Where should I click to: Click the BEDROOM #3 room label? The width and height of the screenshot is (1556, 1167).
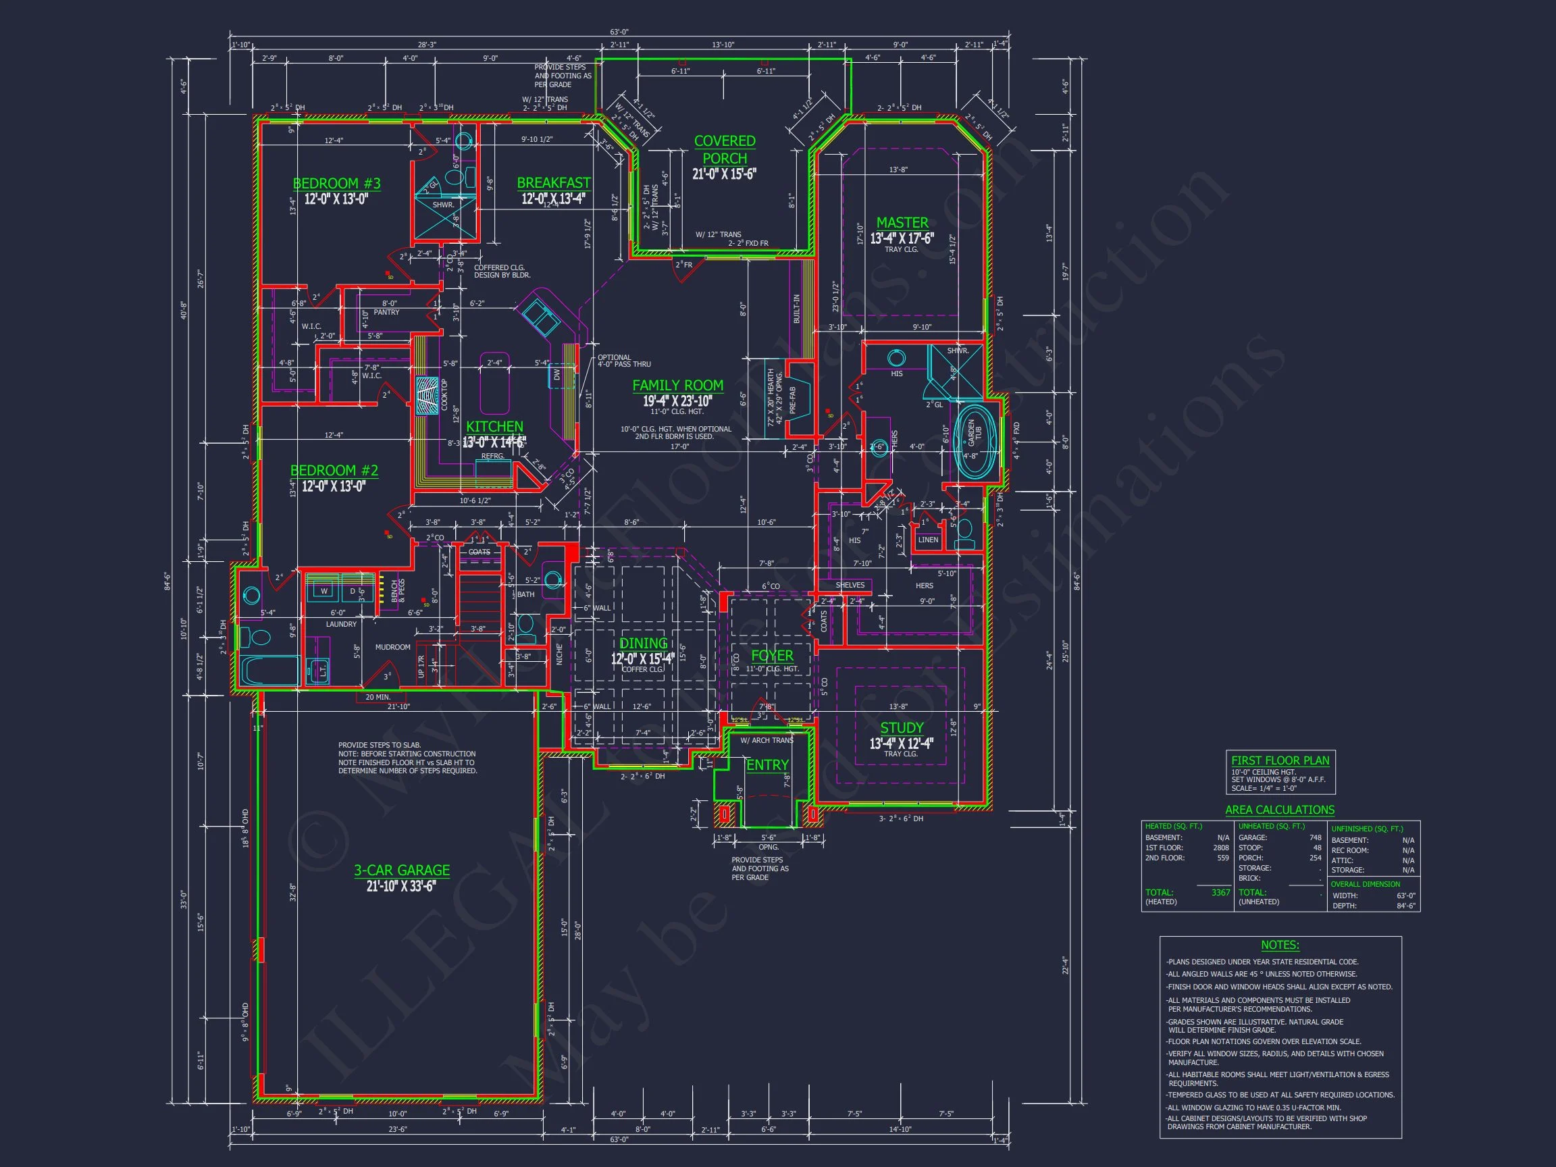pos(336,184)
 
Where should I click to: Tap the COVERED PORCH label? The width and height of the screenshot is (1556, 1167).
pos(724,150)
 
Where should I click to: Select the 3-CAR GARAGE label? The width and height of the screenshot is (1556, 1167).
pos(401,870)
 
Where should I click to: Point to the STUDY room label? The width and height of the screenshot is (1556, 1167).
pos(901,728)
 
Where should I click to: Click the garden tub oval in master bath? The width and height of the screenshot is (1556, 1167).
pos(975,438)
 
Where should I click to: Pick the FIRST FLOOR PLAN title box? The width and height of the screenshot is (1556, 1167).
pos(1280,773)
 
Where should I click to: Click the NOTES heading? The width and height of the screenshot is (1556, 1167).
pos(1280,945)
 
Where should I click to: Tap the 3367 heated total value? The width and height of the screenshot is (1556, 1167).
pos(1220,893)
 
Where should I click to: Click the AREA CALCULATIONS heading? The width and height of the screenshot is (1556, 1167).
pos(1280,810)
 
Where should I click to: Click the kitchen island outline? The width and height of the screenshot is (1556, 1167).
pos(495,384)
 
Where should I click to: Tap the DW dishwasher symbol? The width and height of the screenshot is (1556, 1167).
pos(556,375)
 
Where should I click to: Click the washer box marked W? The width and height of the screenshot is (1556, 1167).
pos(323,591)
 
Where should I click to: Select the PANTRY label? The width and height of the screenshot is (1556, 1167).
pos(386,312)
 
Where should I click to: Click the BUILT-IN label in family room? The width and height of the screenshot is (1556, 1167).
pos(796,308)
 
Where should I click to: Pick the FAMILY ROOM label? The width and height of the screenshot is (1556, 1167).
pos(677,386)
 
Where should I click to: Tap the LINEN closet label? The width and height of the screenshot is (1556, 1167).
pos(927,540)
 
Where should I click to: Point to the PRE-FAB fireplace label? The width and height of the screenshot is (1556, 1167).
pos(792,399)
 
